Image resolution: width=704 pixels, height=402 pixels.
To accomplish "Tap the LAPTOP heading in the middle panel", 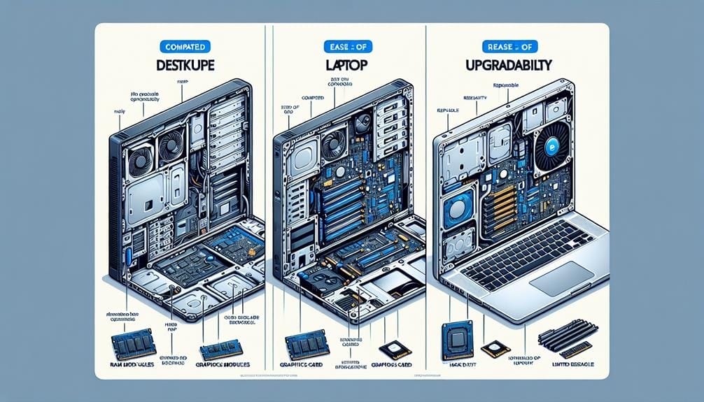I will (347, 71).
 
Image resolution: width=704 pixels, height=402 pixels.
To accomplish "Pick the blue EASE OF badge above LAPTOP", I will (347, 47).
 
